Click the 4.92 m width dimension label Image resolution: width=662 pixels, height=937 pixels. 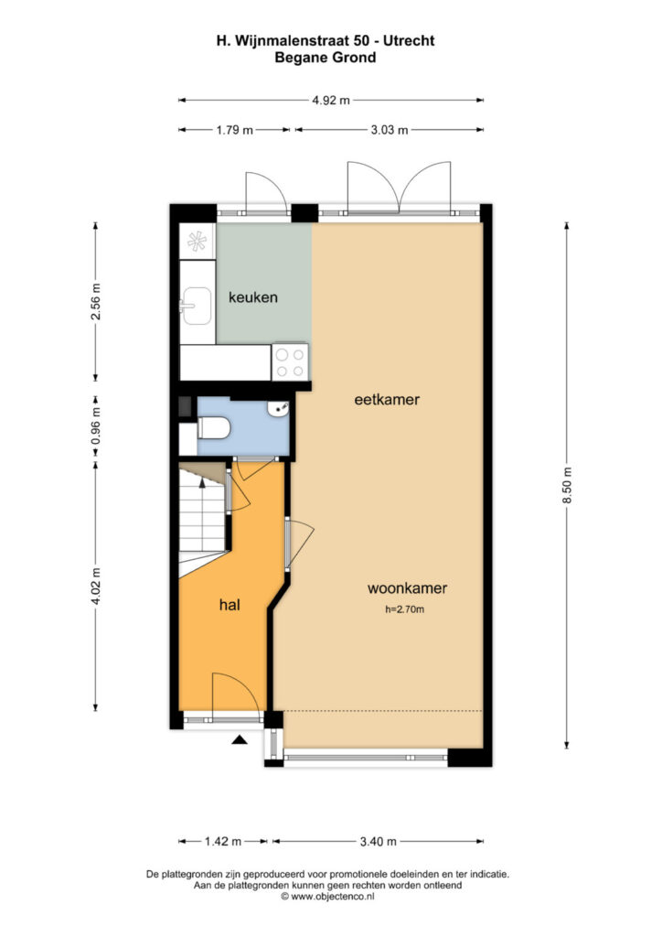point(331,101)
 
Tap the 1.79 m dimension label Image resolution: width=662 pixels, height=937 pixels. point(235,130)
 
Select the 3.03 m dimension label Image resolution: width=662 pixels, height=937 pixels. point(390,130)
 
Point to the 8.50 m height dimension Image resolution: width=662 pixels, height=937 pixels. point(567,485)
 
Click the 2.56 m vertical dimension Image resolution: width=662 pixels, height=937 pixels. point(95,301)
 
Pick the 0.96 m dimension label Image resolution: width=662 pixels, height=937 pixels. point(95,426)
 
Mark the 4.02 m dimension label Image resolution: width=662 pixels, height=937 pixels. point(95,587)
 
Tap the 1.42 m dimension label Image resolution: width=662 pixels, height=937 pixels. point(223,842)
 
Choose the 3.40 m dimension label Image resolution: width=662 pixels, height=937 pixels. point(378,842)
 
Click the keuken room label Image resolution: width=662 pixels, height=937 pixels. point(253,297)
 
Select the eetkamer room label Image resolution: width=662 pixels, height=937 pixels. point(387,399)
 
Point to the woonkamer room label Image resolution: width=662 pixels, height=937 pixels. point(407,588)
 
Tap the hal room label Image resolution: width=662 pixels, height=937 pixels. point(230,605)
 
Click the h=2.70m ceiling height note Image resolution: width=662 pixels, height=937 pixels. point(405,609)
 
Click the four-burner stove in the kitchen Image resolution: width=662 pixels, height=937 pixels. point(290,362)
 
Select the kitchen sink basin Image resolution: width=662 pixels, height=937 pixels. point(197,306)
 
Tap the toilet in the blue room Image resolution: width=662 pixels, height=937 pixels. point(212,428)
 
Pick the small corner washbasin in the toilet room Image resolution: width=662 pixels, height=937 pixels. point(280,409)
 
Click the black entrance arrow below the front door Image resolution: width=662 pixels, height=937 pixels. point(240,740)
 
